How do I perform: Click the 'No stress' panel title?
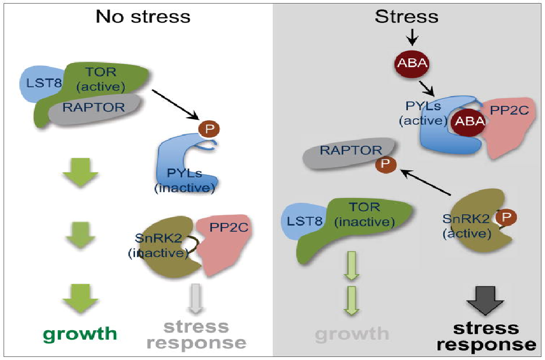(x=143, y=16)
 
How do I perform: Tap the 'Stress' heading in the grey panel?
(x=407, y=16)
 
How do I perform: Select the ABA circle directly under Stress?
(x=410, y=64)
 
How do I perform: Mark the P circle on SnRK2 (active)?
(x=506, y=217)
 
